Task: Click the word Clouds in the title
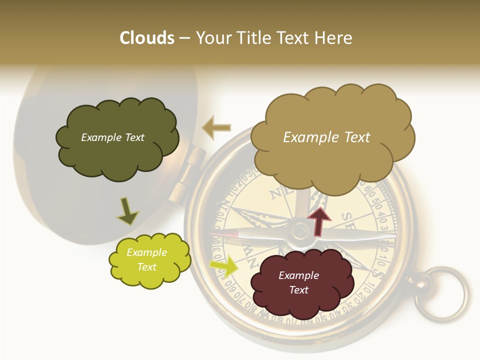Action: pyautogui.click(x=147, y=38)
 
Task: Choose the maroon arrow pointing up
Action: pyautogui.click(x=318, y=220)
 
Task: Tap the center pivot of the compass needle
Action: pyautogui.click(x=301, y=231)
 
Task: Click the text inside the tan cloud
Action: pyautogui.click(x=326, y=137)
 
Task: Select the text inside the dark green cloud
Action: pyautogui.click(x=112, y=137)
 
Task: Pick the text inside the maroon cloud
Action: pyautogui.click(x=298, y=282)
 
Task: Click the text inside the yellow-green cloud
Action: pyautogui.click(x=146, y=259)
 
